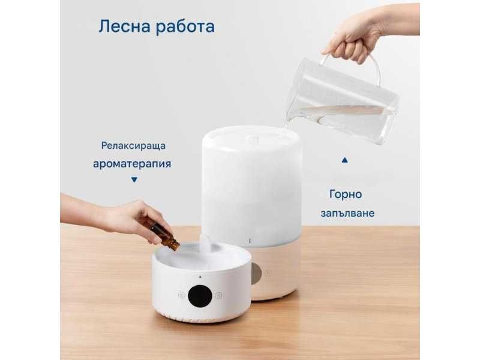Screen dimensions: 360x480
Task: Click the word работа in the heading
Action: [184, 28]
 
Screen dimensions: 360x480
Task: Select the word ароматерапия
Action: [132, 163]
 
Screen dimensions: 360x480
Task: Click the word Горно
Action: [346, 194]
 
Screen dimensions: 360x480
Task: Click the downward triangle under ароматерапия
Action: [134, 179]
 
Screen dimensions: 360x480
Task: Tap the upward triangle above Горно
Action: [344, 161]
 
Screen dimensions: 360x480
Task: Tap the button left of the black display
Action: [179, 295]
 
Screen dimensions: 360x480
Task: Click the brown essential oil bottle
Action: [165, 235]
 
